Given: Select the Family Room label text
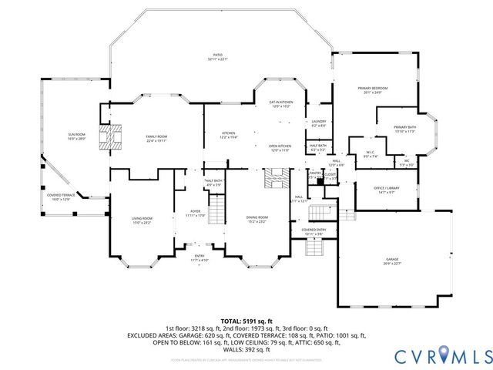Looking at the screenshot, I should coord(156,138).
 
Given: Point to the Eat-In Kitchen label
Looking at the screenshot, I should coord(280,103).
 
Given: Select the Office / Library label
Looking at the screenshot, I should coord(384,190).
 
